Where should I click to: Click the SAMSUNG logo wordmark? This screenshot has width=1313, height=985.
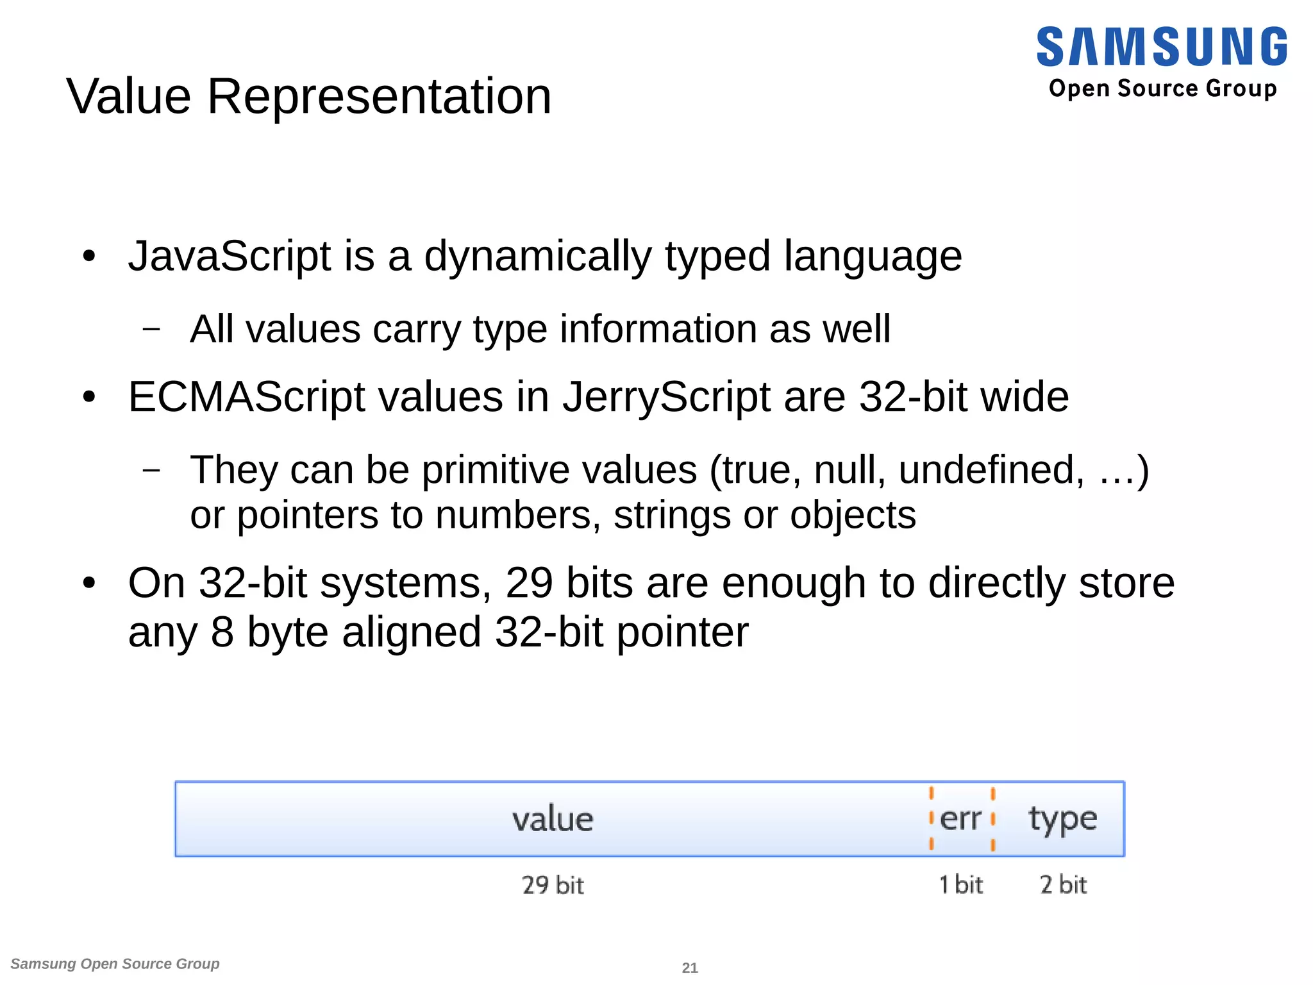(x=1161, y=47)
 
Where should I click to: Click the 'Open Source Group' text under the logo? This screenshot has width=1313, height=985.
(x=1162, y=88)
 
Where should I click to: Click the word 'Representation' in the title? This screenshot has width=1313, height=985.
(x=379, y=96)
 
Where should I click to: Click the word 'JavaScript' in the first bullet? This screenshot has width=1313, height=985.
(x=230, y=256)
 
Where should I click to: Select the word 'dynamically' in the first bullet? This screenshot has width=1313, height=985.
(x=537, y=257)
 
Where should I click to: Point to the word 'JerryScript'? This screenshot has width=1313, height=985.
(x=666, y=398)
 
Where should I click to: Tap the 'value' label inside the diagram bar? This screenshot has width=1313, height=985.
(x=553, y=819)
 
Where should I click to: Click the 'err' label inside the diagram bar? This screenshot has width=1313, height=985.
(x=960, y=819)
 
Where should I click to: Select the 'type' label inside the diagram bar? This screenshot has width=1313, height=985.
(x=1062, y=820)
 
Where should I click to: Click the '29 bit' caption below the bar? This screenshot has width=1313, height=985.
(x=553, y=886)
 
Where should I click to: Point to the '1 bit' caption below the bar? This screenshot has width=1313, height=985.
(x=960, y=885)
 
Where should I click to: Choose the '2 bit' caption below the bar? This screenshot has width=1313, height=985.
(x=1063, y=885)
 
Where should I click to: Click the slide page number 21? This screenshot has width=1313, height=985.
(x=689, y=968)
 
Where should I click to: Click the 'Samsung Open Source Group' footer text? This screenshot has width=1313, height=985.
(x=115, y=964)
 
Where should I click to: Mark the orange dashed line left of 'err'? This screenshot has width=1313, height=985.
(x=932, y=819)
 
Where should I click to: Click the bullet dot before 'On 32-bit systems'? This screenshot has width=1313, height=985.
(x=89, y=584)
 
